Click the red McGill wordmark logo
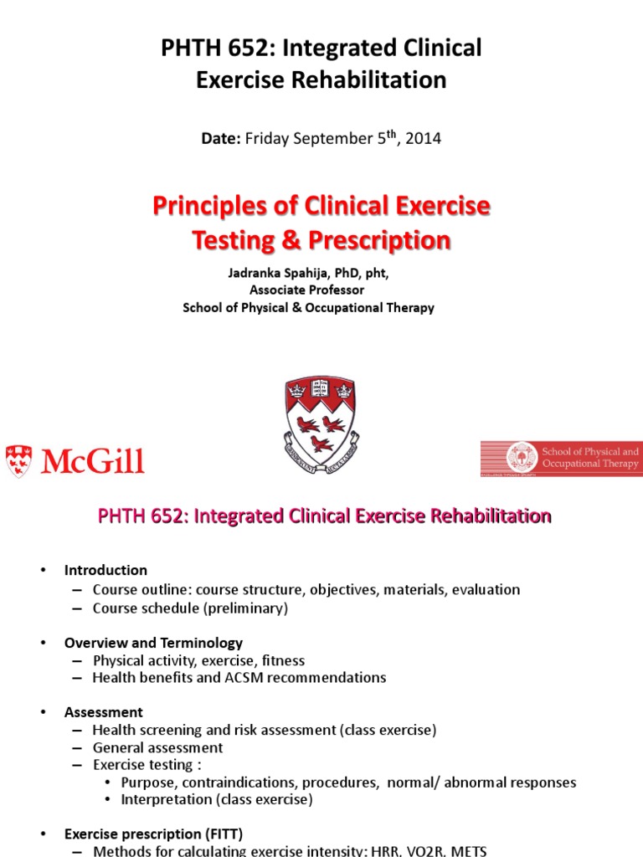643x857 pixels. point(75,461)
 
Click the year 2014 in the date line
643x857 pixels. point(423,139)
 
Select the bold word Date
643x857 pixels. point(220,139)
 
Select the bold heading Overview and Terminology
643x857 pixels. point(153,643)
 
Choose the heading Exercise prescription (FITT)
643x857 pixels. point(153,834)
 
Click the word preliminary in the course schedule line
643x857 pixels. point(247,608)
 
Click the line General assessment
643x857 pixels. point(157,747)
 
